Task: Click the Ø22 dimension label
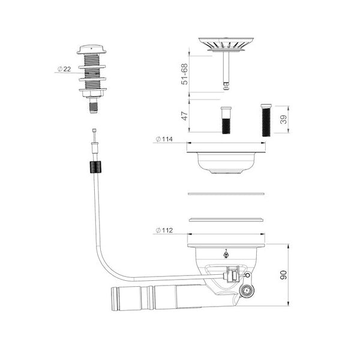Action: [64, 69]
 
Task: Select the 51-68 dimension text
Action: [184, 74]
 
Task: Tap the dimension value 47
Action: [185, 116]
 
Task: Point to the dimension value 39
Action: [284, 119]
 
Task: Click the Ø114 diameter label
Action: [164, 139]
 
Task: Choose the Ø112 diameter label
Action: [164, 230]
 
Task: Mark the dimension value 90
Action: [284, 275]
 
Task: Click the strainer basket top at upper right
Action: [226, 45]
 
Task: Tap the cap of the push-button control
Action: [92, 49]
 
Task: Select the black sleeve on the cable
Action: [95, 167]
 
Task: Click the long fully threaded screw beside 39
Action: [266, 120]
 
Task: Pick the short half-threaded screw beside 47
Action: [226, 120]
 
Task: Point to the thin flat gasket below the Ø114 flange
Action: [226, 194]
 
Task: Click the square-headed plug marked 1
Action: [247, 291]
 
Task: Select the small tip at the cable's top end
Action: [94, 130]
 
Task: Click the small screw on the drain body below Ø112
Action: [226, 254]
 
